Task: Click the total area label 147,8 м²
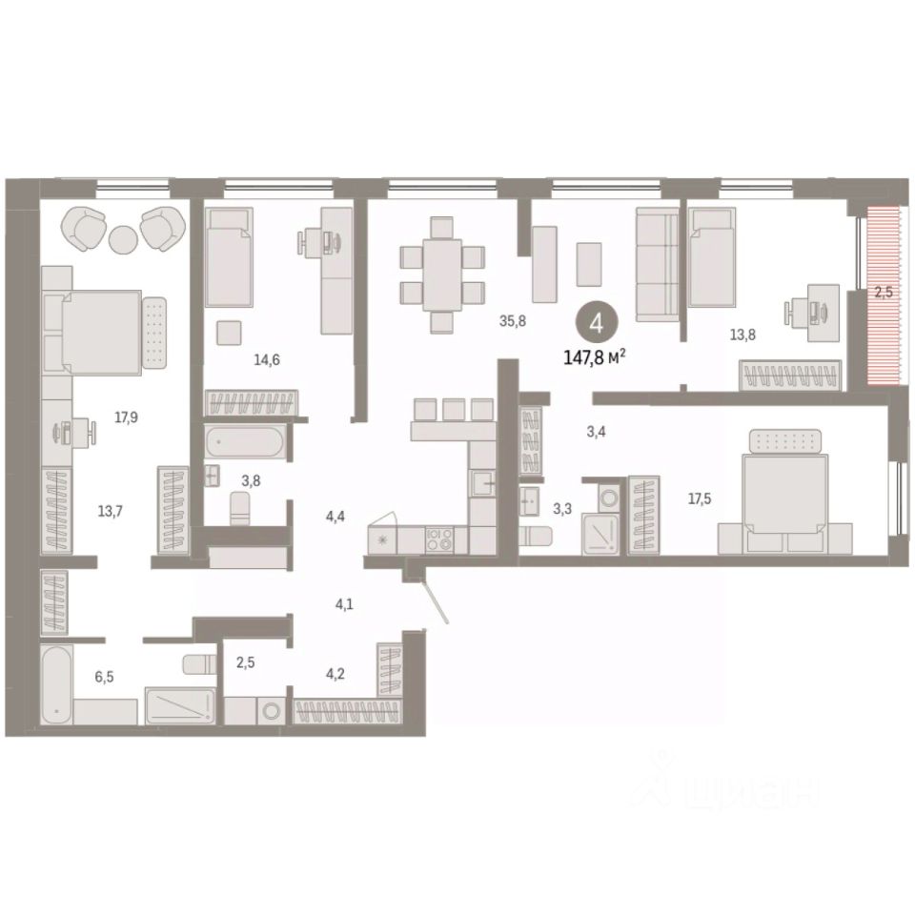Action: click(595, 357)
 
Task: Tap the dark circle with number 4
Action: click(596, 323)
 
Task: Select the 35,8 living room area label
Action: click(513, 320)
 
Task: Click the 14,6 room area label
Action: click(267, 360)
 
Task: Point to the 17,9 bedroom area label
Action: click(126, 417)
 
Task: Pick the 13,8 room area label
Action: click(742, 335)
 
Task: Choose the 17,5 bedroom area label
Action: click(700, 498)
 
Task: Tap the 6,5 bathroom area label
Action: click(105, 677)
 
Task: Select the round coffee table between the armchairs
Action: click(124, 238)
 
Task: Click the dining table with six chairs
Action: click(442, 274)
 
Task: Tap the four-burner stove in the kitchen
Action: click(440, 539)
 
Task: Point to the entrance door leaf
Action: click(436, 600)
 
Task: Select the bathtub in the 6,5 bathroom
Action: click(57, 684)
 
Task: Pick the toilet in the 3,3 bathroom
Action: click(536, 536)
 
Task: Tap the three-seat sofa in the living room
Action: click(658, 264)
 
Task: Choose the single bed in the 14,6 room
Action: click(230, 256)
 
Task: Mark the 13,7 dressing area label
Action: click(111, 511)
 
